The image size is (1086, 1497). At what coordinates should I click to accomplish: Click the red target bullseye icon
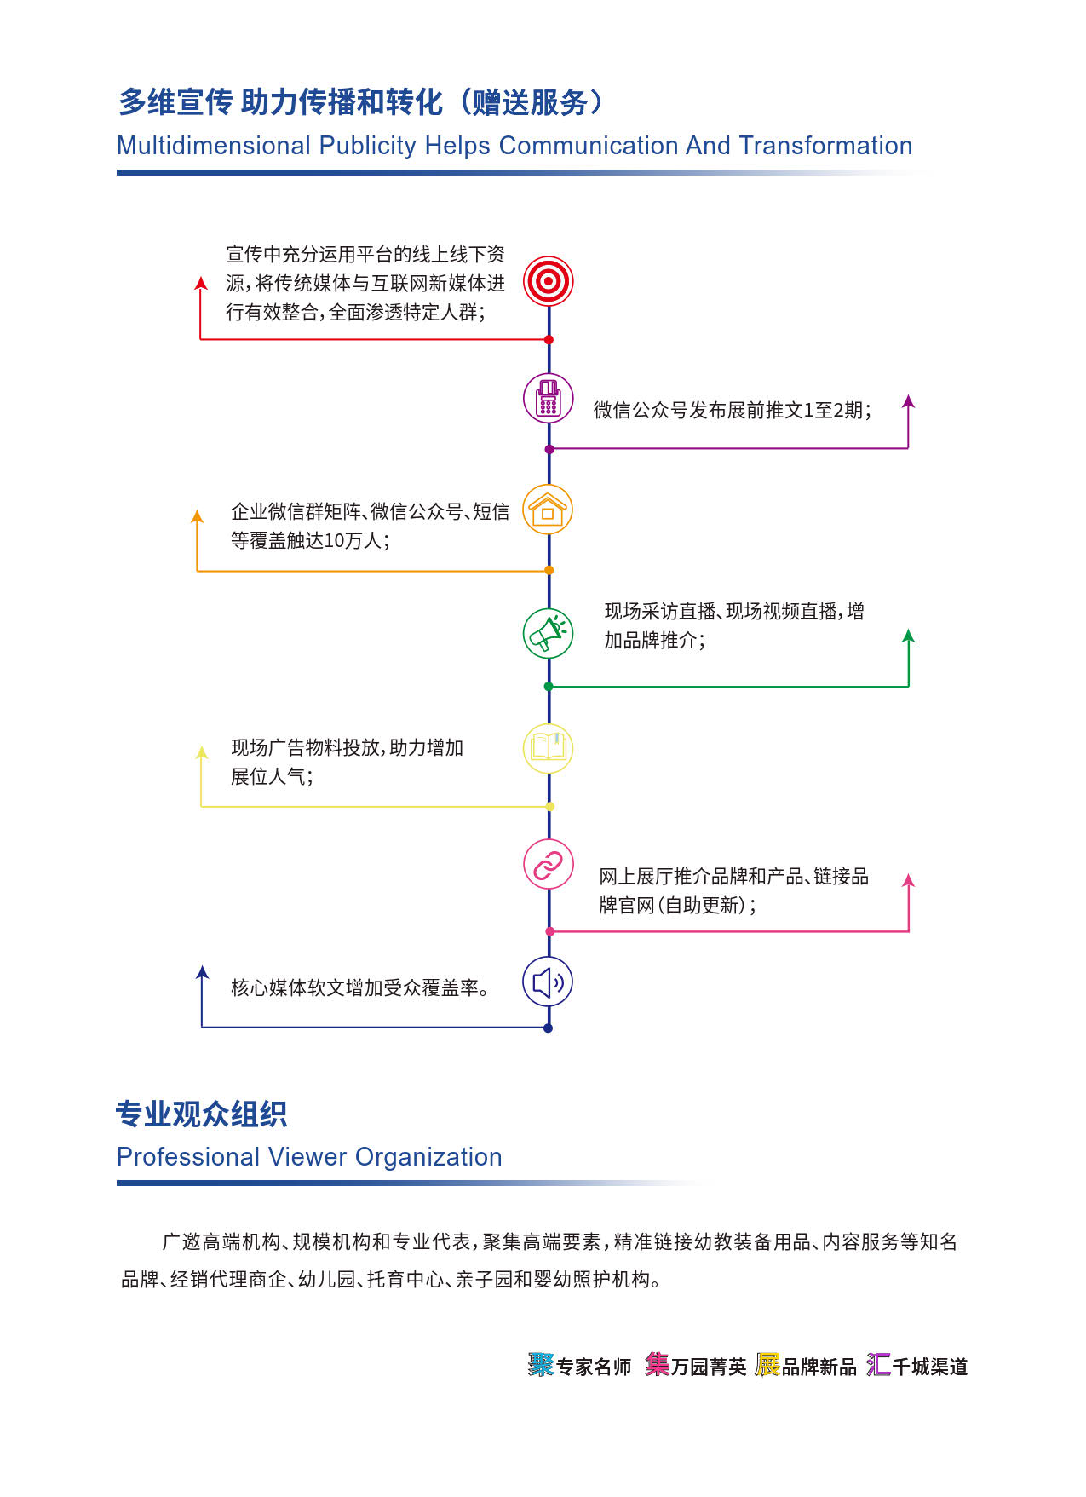pyautogui.click(x=548, y=281)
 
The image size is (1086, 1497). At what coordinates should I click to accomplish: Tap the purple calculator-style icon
pyautogui.click(x=548, y=398)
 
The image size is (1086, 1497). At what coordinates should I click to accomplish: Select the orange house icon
pyautogui.click(x=548, y=510)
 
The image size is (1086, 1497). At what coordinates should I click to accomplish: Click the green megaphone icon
pyautogui.click(x=548, y=633)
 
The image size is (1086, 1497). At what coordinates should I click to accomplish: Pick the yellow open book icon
pyautogui.click(x=548, y=748)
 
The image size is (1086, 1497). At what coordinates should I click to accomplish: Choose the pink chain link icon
pyautogui.click(x=548, y=865)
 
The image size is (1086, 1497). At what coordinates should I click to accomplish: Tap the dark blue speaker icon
pyautogui.click(x=548, y=982)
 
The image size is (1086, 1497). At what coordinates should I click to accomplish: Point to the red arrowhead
pyautogui.click(x=201, y=283)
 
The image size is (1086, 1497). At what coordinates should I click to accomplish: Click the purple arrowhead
pyautogui.click(x=908, y=400)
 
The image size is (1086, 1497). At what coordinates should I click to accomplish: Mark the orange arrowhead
pyautogui.click(x=198, y=515)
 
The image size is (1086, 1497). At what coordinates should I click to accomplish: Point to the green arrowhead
pyautogui.click(x=908, y=635)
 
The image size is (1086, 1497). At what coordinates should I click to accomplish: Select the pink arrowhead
pyautogui.click(x=908, y=880)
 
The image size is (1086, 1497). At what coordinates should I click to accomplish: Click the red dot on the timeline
pyautogui.click(x=549, y=340)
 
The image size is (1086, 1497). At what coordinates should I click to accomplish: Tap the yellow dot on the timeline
pyautogui.click(x=549, y=806)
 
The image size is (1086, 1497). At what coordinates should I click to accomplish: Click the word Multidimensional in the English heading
pyautogui.click(x=214, y=146)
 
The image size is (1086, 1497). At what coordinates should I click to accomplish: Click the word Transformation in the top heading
pyautogui.click(x=825, y=146)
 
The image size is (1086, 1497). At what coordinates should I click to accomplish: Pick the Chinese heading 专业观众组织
pyautogui.click(x=201, y=1114)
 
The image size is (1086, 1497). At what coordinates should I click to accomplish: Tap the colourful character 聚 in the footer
pyautogui.click(x=541, y=1365)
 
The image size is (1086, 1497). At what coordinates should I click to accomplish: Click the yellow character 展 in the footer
pyautogui.click(x=767, y=1365)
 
